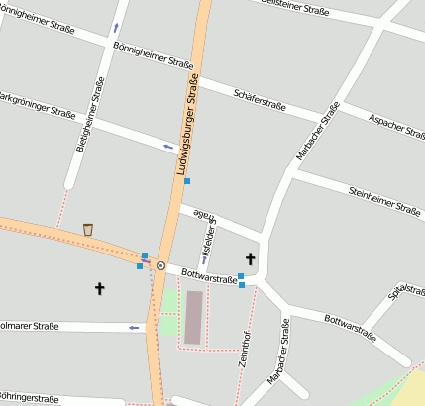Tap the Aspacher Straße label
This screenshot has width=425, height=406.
[x=395, y=124]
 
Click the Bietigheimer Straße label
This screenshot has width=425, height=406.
[x=89, y=116]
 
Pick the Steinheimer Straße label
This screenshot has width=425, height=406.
[x=384, y=199]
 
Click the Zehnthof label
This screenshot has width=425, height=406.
[x=246, y=350]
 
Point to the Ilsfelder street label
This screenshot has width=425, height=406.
[x=207, y=235]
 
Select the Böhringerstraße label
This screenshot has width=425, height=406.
[x=28, y=398]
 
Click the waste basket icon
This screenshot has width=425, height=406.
[x=88, y=229]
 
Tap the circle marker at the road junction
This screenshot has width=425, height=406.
[x=160, y=265]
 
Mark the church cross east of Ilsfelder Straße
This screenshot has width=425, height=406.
[x=250, y=259]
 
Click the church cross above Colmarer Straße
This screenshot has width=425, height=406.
[x=99, y=288]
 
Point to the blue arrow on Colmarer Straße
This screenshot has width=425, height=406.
[x=136, y=327]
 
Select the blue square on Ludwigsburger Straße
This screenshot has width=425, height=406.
[x=186, y=181]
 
